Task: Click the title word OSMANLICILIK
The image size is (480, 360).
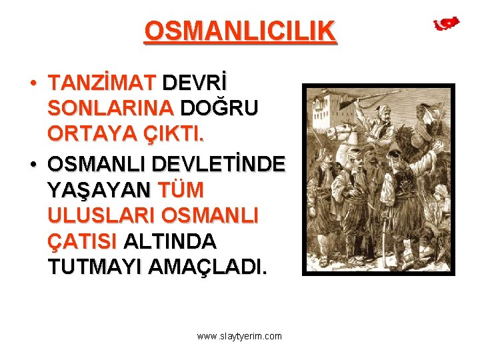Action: coord(240,31)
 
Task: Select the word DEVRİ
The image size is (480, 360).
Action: coord(195,83)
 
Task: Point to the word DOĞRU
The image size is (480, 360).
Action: coord(220,108)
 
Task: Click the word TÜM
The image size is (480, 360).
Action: coord(180,190)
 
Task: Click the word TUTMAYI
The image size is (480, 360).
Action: coord(95,267)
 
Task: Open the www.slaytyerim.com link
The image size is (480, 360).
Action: coord(239,336)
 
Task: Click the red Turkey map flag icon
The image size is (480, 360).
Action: coord(446,24)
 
